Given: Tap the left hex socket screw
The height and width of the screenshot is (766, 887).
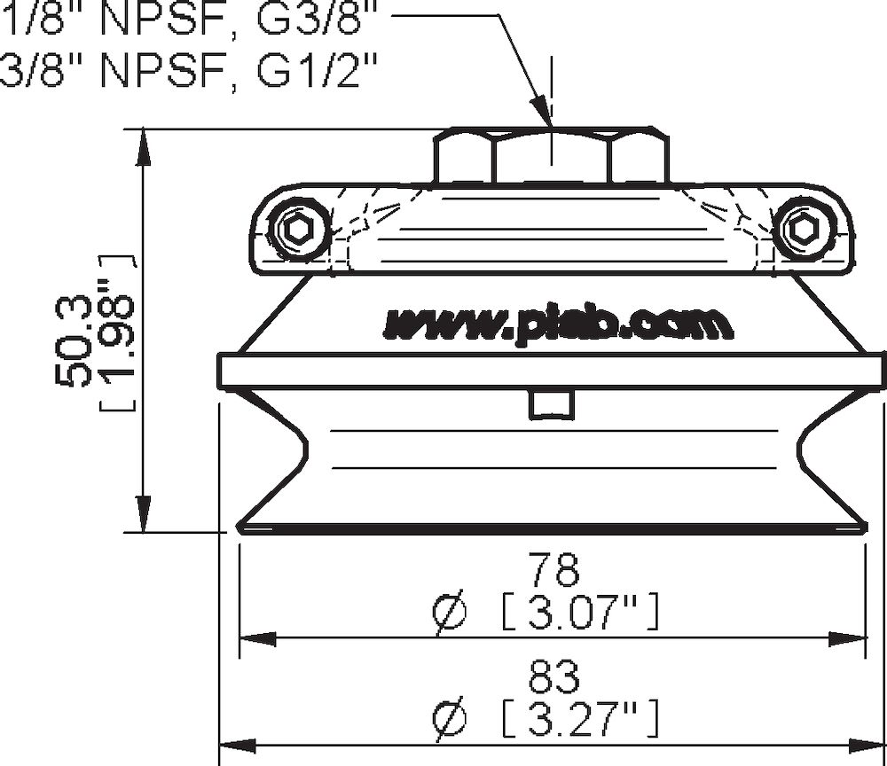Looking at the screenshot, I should coord(296,231).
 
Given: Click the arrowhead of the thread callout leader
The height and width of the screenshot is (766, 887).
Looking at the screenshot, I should coord(542,113).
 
